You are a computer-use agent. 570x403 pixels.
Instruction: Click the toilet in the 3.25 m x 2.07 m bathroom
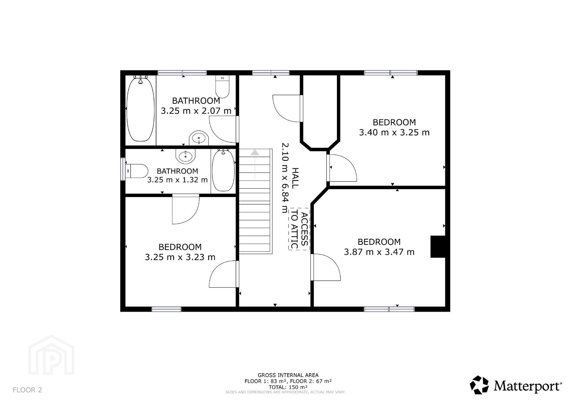coord(222,87)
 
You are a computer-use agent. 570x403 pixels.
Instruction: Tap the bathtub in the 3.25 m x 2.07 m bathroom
coord(140,109)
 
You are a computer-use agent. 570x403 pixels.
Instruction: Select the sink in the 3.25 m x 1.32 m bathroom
coord(186,156)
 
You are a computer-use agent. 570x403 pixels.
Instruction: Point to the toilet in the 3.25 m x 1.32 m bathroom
coord(137,171)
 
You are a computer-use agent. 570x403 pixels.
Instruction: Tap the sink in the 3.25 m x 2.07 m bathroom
coord(199,138)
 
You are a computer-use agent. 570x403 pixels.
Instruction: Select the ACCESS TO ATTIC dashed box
coord(299,229)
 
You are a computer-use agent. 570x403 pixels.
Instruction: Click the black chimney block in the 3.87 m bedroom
coord(438,247)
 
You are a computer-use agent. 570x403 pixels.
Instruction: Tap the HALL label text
coord(295,178)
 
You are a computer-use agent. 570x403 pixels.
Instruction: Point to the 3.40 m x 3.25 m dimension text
coord(394,132)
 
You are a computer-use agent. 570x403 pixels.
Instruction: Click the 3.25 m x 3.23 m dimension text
coord(180,257)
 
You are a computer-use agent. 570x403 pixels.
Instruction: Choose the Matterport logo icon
coord(479,385)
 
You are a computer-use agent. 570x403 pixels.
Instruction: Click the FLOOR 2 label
coord(27,390)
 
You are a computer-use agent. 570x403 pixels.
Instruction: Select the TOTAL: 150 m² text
coord(288,387)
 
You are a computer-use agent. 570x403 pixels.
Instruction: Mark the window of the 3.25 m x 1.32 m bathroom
coord(123,169)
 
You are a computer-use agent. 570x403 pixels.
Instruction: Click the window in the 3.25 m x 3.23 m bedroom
coord(167,309)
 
